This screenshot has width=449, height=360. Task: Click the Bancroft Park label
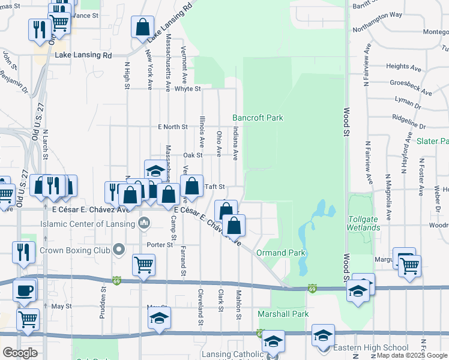pyautogui.click(x=258, y=118)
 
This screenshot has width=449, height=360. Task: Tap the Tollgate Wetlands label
pyautogui.click(x=363, y=223)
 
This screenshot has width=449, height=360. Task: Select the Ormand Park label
pyautogui.click(x=281, y=253)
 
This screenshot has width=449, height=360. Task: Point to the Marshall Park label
pyautogui.click(x=283, y=314)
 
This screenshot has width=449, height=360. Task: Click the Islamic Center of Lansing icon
pyautogui.click(x=144, y=224)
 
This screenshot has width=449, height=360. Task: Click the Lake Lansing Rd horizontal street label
pyautogui.click(x=83, y=55)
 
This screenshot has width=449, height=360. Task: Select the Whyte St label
pyautogui.click(x=187, y=89)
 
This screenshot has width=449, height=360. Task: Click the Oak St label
pyautogui.click(x=193, y=155)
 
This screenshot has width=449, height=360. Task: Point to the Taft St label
pyautogui.click(x=215, y=187)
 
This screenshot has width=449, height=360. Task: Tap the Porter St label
pyautogui.click(x=160, y=245)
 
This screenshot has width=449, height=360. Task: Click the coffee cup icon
pyautogui.click(x=24, y=290)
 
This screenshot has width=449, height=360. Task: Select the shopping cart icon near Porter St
pyautogui.click(x=143, y=265)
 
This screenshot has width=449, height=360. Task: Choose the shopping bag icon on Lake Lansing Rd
pyautogui.click(x=142, y=28)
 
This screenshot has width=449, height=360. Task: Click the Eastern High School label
pyautogui.click(x=370, y=348)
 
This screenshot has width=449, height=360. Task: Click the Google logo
pyautogui.click(x=20, y=353)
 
